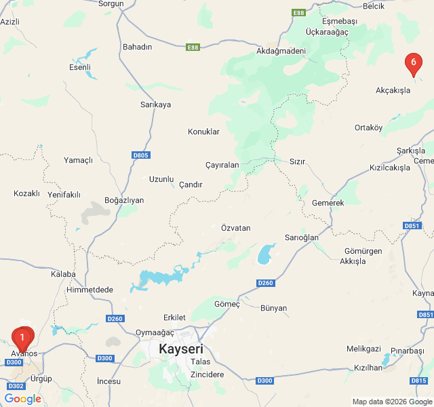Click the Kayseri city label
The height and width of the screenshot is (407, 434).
[180, 349]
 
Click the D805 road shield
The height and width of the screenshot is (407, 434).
[140, 155]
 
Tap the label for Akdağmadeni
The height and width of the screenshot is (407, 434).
[281, 51]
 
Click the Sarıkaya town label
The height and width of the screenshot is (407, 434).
[155, 104]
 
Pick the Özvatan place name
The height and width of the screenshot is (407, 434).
[235, 228]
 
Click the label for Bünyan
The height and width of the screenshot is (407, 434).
[273, 308]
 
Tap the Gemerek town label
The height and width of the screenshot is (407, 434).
[328, 203]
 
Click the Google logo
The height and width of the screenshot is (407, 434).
[23, 399]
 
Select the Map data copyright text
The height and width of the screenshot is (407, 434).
[391, 402]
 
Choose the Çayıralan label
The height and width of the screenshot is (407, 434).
[222, 165]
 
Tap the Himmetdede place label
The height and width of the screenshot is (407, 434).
[90, 290]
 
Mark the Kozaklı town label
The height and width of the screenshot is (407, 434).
[27, 193]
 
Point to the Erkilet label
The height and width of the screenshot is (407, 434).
[174, 317]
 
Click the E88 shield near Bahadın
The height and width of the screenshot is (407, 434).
[193, 47]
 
